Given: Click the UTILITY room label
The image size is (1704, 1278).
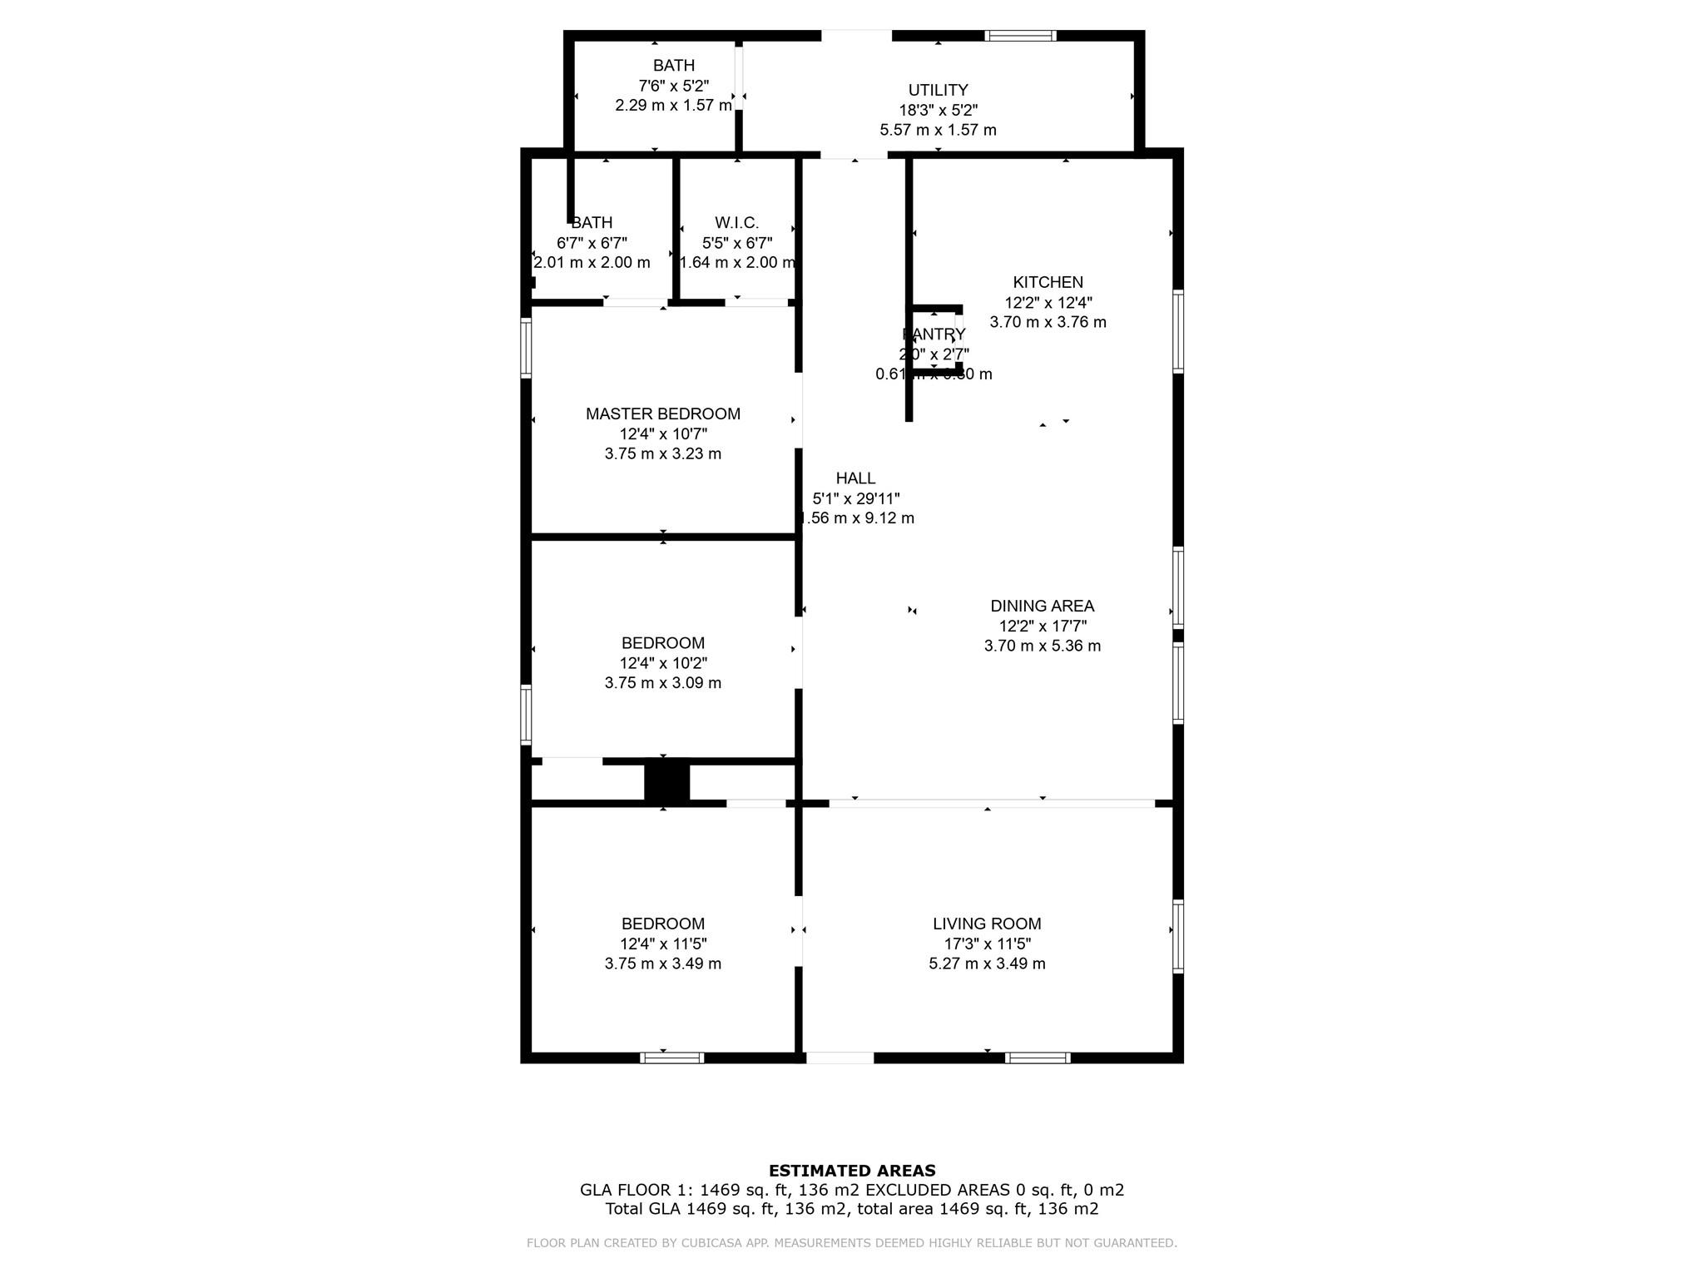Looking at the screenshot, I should tap(938, 90).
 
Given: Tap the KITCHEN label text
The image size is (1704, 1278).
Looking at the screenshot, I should tap(1048, 282).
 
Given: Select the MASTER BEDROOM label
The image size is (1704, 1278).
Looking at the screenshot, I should tap(662, 414).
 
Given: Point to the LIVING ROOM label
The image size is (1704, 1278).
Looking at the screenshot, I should tap(987, 924).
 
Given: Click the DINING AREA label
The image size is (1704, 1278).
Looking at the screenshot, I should tap(1042, 606).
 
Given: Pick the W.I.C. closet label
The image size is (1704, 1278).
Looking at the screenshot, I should tap(736, 223).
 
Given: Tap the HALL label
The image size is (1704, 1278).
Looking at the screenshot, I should tap(855, 478).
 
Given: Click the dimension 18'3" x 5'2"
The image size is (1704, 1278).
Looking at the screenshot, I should tap(938, 110).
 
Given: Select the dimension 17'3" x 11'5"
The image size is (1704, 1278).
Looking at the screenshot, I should tap(987, 944).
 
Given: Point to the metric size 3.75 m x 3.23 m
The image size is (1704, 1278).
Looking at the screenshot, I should tap(662, 453).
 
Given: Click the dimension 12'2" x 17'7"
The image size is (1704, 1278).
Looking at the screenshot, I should tap(1042, 626).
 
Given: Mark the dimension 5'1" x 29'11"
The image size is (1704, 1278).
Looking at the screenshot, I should tap(855, 498).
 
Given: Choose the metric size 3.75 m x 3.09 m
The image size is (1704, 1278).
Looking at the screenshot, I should tap(662, 683).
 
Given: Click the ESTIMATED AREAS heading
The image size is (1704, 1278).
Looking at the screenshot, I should tap(852, 1171).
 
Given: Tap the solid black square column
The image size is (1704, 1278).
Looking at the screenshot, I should tap(666, 781).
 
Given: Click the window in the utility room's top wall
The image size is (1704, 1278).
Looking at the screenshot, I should tap(1020, 36).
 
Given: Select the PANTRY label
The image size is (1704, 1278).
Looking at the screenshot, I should tap(934, 334).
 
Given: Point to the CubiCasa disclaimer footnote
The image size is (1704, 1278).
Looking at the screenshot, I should tap(851, 1243).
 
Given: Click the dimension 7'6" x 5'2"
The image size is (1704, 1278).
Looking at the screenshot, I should tap(673, 85).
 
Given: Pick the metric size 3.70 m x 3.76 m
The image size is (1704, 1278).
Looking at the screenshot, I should tap(1048, 322).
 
